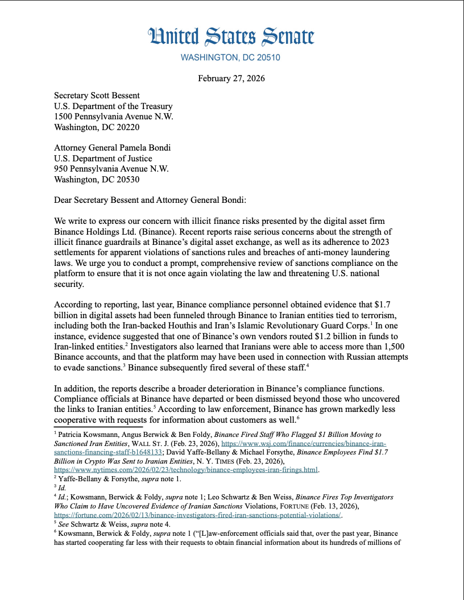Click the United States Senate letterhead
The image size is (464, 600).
click(x=231, y=37)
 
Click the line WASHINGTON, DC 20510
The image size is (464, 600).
click(x=231, y=57)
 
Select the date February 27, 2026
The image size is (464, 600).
click(x=231, y=78)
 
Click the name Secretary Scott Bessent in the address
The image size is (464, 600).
click(x=97, y=95)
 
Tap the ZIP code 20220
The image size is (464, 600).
click(x=127, y=127)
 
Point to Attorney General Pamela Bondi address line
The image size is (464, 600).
click(x=112, y=148)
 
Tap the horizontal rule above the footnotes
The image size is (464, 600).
click(x=98, y=427)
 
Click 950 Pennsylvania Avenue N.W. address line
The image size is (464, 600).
click(x=111, y=169)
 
